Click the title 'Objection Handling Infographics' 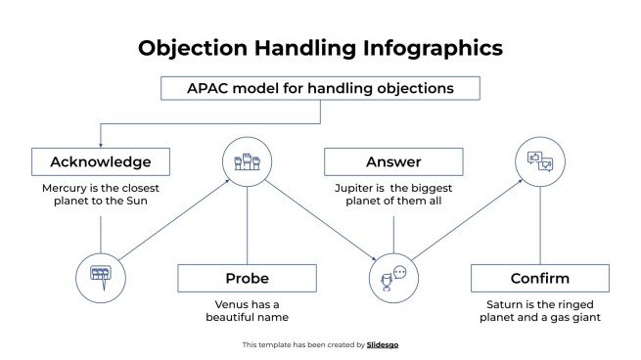click(x=320, y=47)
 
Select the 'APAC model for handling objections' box click(x=320, y=88)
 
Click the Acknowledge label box click(x=100, y=161)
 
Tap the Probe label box click(x=247, y=278)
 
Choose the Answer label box click(x=393, y=161)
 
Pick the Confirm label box click(x=539, y=278)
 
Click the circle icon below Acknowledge click(x=100, y=273)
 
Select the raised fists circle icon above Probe click(x=247, y=159)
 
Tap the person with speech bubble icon click(x=393, y=277)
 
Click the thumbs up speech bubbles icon click(x=540, y=159)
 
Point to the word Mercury click(x=66, y=186)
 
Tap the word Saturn click(x=499, y=302)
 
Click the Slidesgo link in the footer click(x=382, y=344)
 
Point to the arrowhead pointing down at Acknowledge click(x=100, y=143)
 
